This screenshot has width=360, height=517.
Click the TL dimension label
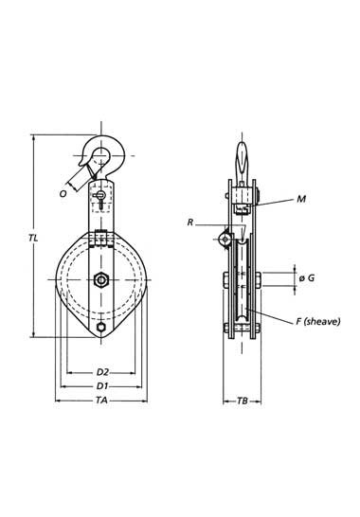(x=33, y=238)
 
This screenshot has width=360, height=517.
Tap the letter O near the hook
(x=63, y=193)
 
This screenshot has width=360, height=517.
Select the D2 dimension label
(x=102, y=372)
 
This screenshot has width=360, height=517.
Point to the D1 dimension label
(x=102, y=385)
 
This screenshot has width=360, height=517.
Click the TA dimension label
(x=101, y=401)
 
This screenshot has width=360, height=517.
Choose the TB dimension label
(x=243, y=401)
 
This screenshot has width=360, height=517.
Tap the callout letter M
(x=301, y=199)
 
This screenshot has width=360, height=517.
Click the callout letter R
(x=190, y=223)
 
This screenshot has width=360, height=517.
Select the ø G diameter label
(x=307, y=278)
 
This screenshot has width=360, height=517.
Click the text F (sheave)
(x=317, y=322)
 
